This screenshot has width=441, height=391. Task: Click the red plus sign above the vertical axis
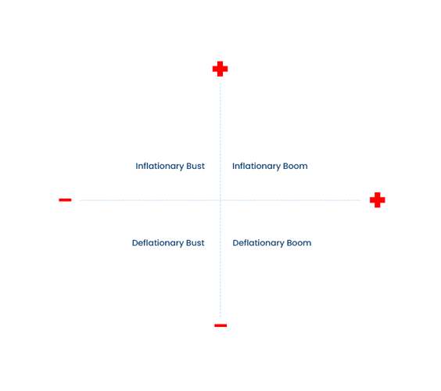coord(220,69)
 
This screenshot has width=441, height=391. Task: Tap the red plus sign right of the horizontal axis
coord(377,200)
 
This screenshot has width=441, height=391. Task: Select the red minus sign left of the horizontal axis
coord(65,200)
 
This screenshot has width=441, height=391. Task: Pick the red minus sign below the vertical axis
coord(220,325)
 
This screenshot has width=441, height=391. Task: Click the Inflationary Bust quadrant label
coord(170,167)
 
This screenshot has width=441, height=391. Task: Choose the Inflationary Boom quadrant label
coord(270,167)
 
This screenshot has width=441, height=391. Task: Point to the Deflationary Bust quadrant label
coord(168,243)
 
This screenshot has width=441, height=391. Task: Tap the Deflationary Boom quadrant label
coord(271,243)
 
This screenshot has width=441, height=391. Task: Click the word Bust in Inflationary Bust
coord(195,166)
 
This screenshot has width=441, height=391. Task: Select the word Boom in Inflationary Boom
coord(295,166)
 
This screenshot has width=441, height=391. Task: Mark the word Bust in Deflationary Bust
coord(195,242)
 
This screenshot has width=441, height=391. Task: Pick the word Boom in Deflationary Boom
coord(299,242)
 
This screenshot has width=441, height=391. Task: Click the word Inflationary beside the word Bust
coord(160,167)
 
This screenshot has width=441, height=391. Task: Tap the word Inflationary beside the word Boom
coord(256,167)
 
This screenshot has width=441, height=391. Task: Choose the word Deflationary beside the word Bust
coord(158,243)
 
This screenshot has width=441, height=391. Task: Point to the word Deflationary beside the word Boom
coord(258,243)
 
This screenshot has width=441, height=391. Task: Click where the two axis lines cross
coord(220,200)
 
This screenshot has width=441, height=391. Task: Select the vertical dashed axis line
coord(220,200)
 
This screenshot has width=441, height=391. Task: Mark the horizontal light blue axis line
coord(220,200)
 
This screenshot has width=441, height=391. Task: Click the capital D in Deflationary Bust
coord(135,242)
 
